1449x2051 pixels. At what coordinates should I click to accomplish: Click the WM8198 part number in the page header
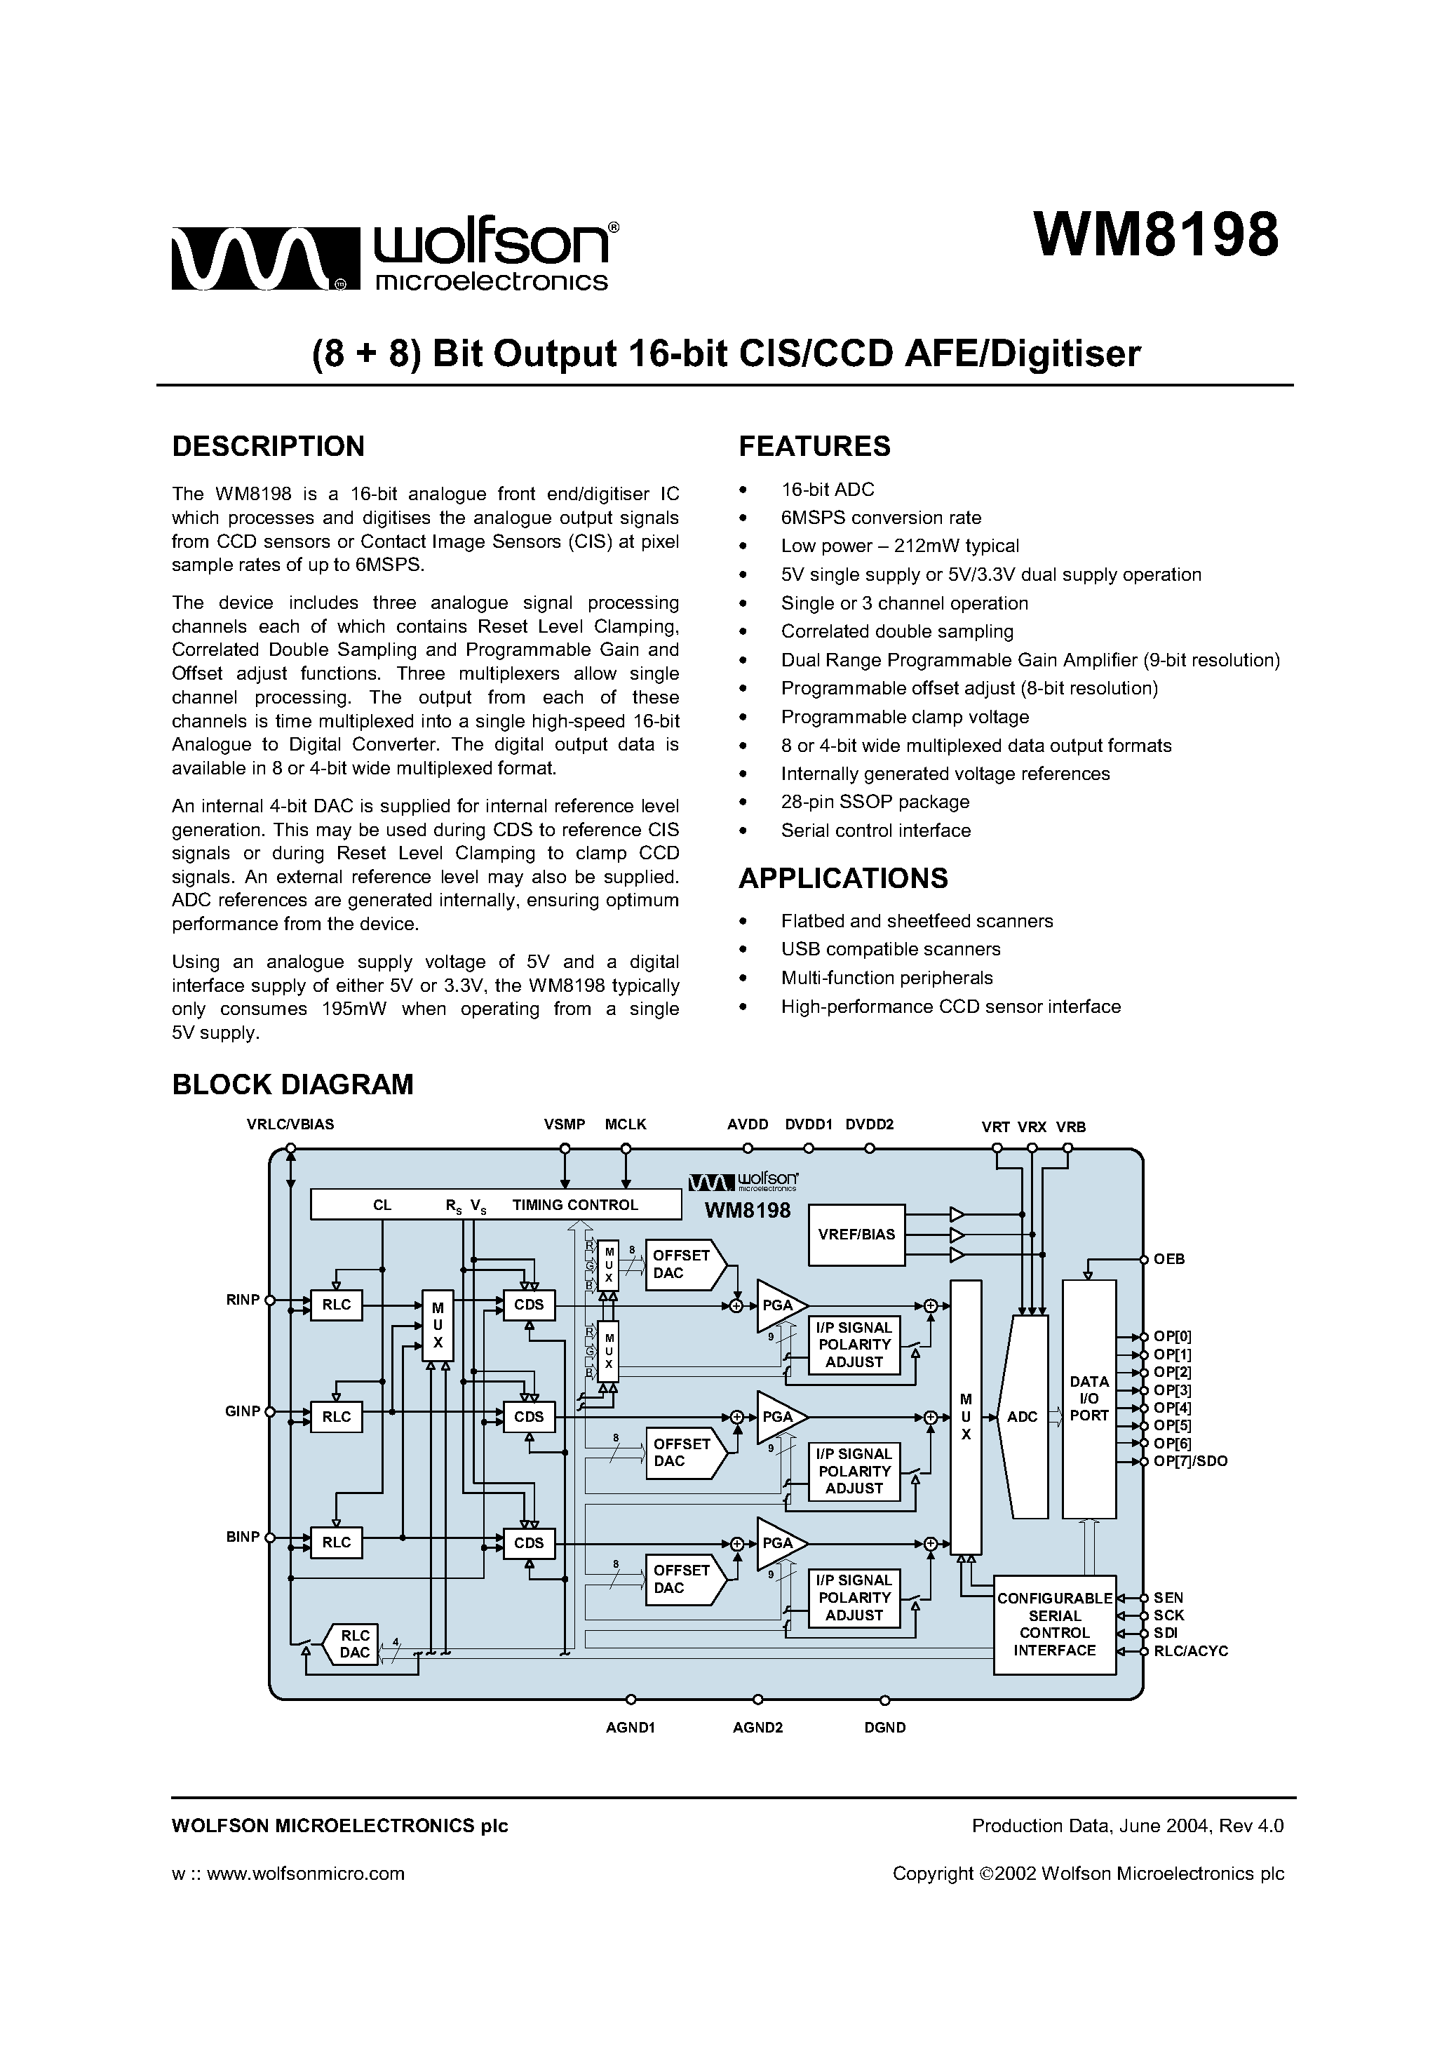[1156, 235]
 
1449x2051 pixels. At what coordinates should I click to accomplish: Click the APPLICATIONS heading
[842, 878]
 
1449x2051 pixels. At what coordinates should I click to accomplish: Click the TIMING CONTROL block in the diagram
[575, 1205]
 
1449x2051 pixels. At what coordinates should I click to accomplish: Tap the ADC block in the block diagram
[1022, 1417]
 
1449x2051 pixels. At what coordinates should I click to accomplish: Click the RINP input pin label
[243, 1300]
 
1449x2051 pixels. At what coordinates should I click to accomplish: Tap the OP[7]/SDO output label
[1190, 1461]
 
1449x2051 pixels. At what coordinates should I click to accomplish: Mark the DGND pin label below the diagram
[884, 1728]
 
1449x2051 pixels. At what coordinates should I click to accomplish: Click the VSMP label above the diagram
[564, 1124]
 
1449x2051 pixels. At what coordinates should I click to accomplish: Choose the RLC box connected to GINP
[337, 1417]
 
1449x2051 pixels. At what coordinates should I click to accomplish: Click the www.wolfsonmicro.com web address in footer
[306, 1874]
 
